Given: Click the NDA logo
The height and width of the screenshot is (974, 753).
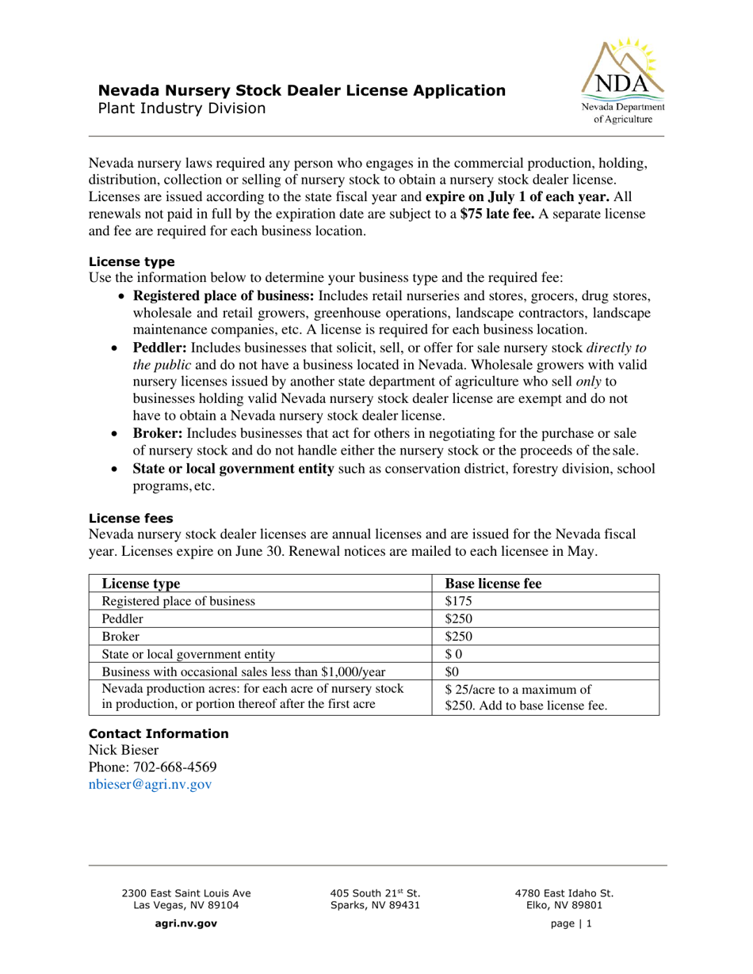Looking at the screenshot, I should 623,82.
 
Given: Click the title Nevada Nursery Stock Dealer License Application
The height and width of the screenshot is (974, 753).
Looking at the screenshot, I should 301,90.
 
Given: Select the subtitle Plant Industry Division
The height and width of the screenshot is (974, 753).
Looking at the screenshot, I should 182,108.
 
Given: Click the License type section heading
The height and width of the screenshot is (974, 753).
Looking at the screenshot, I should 132,261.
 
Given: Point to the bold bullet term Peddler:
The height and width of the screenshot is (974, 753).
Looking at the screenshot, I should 160,348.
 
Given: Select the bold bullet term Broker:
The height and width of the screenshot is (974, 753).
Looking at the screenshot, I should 158,433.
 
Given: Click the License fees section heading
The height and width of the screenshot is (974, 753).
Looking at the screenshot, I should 131,518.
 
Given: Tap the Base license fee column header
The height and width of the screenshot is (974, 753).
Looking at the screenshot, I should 493,584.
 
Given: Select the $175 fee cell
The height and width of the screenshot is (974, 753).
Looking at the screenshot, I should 458,601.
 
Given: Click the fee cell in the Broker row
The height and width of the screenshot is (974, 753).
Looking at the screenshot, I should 458,637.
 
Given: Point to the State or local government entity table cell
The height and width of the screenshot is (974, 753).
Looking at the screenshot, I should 189,654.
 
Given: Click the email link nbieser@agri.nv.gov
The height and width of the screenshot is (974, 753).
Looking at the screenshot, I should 151,784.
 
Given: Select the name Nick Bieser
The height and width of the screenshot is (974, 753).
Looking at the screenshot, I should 124,750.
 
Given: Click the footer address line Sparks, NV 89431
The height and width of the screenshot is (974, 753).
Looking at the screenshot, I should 375,905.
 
